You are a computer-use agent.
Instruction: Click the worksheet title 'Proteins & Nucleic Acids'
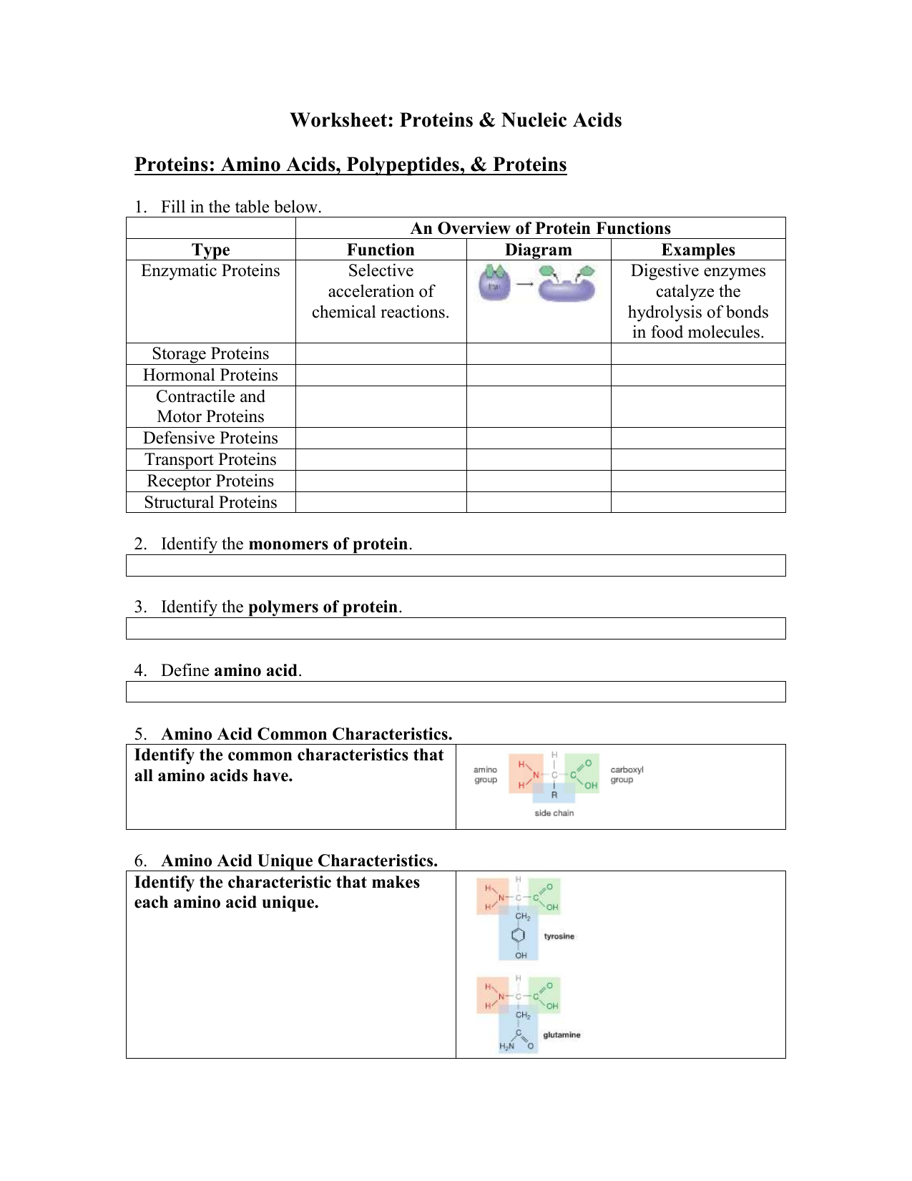pyautogui.click(x=456, y=120)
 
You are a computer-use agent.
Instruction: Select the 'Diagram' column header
pyautogui.click(x=538, y=250)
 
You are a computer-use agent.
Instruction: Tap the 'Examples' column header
pyautogui.click(x=697, y=250)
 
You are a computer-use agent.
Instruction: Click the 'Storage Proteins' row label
pyautogui.click(x=210, y=354)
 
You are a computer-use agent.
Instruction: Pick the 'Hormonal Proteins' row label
pyautogui.click(x=210, y=376)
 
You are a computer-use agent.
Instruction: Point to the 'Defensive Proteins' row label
pyautogui.click(x=210, y=438)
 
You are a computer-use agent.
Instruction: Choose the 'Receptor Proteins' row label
pyautogui.click(x=210, y=481)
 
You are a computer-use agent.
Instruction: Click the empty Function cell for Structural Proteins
pyautogui.click(x=381, y=502)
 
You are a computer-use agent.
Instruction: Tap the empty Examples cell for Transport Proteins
pyautogui.click(x=697, y=460)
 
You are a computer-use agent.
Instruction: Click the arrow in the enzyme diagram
pyautogui.click(x=525, y=285)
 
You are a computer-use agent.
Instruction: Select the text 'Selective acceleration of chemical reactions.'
pyautogui.click(x=381, y=292)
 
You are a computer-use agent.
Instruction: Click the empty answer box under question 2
pyautogui.click(x=456, y=566)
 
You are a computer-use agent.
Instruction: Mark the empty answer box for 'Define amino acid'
pyautogui.click(x=456, y=692)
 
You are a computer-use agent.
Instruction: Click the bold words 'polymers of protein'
pyautogui.click(x=323, y=607)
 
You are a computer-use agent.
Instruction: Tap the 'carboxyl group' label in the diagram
pyautogui.click(x=627, y=775)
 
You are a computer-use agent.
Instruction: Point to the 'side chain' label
pyautogui.click(x=554, y=813)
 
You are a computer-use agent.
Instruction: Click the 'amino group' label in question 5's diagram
pyautogui.click(x=486, y=775)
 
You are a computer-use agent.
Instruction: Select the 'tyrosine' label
pyautogui.click(x=559, y=936)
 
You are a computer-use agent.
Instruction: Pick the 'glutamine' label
pyautogui.click(x=562, y=1035)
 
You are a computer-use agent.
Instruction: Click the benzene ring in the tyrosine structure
pyautogui.click(x=519, y=936)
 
